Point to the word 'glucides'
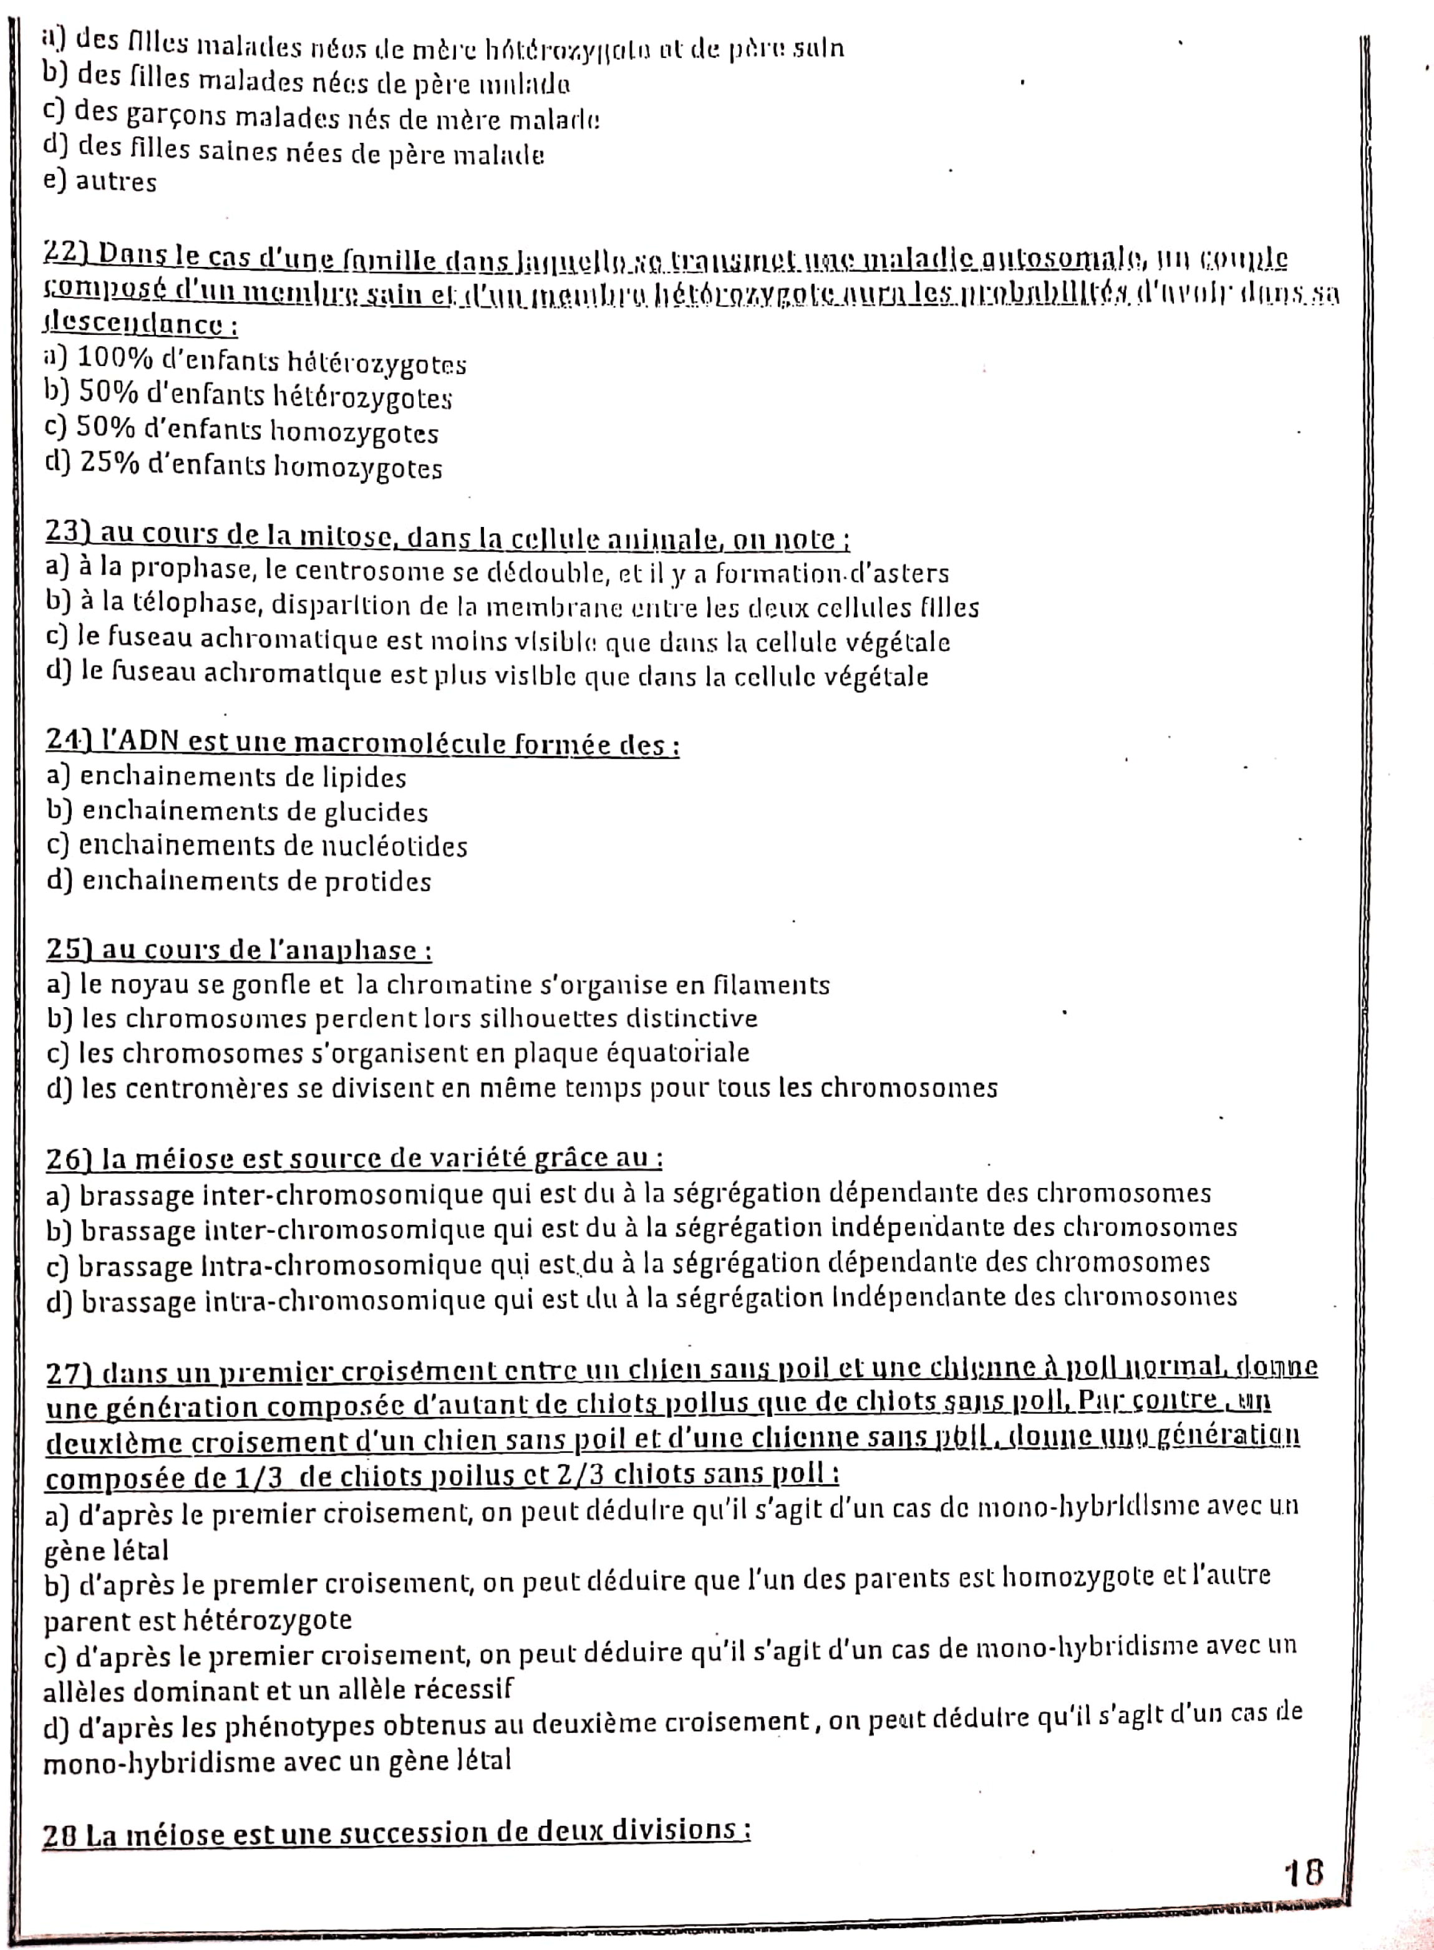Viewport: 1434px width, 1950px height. (376, 813)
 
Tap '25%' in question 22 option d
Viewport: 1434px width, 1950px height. (110, 465)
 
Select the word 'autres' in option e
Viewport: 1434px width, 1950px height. (116, 182)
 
